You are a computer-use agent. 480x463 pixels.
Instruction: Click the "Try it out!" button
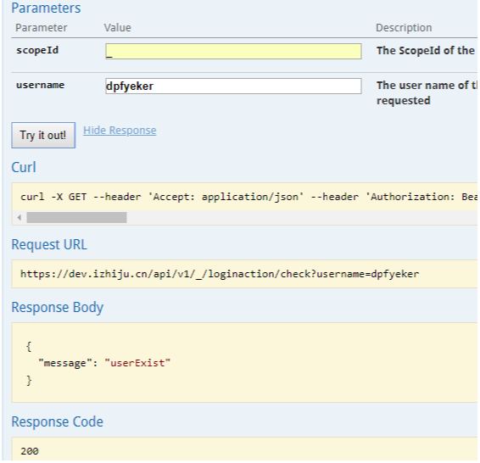pos(43,136)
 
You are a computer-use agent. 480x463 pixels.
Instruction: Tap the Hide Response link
pos(120,131)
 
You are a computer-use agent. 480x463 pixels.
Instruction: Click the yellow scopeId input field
pos(233,51)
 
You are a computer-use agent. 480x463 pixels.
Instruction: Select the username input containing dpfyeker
pos(233,86)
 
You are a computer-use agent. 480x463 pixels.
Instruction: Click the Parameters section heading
pos(46,8)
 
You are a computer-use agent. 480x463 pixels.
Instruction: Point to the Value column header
pos(118,28)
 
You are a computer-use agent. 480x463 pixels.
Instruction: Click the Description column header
pos(404,28)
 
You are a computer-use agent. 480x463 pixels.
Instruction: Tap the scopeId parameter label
pos(37,50)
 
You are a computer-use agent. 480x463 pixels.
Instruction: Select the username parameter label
pos(41,85)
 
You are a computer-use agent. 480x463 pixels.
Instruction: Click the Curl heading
pos(24,167)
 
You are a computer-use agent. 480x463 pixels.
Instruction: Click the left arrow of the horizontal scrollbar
pos(20,218)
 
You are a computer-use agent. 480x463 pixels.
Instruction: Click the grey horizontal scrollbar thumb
pos(76,218)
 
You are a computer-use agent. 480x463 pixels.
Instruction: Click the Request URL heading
pos(49,244)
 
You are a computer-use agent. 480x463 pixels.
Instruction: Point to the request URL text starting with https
pos(220,274)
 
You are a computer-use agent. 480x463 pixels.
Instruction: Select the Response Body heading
pos(58,307)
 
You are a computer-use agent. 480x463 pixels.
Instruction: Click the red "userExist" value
pos(137,363)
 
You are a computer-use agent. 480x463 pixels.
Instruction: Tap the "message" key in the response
pos(65,363)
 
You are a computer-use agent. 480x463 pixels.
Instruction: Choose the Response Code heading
pos(58,421)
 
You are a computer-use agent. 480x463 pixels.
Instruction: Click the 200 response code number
pos(30,451)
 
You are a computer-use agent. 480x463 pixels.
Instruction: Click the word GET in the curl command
pos(77,197)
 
